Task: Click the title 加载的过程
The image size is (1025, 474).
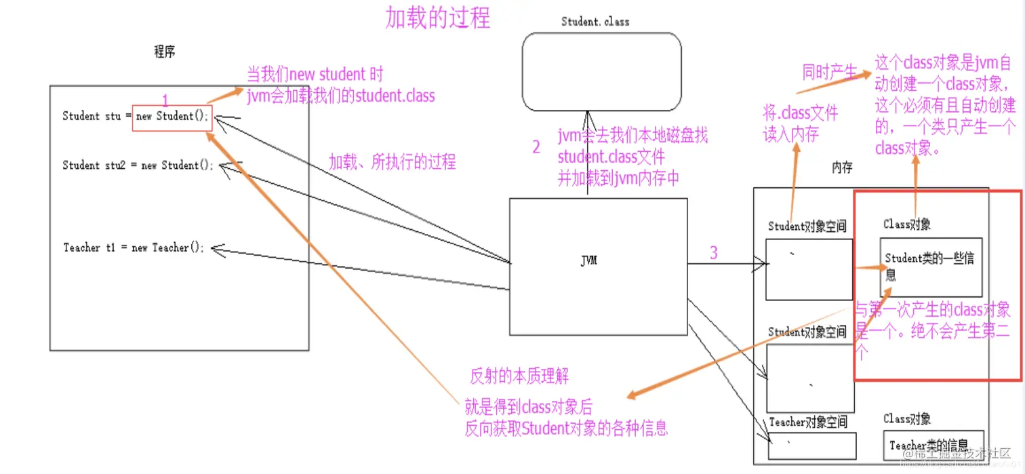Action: click(x=437, y=18)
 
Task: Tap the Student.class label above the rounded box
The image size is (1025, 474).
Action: click(x=595, y=22)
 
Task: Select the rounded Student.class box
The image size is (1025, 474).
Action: click(x=601, y=71)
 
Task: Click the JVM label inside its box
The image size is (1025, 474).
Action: click(x=589, y=260)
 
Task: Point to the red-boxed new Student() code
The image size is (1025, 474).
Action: click(x=172, y=117)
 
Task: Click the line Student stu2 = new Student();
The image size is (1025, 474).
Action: click(x=139, y=165)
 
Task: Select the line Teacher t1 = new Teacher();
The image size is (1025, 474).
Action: click(x=134, y=248)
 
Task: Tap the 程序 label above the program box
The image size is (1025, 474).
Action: click(x=165, y=52)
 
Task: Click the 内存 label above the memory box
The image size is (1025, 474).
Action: click(x=841, y=167)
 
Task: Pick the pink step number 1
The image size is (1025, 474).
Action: click(x=165, y=100)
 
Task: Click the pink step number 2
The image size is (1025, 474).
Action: click(x=536, y=147)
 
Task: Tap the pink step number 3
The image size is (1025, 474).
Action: click(x=713, y=253)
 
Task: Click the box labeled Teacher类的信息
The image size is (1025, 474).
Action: click(x=932, y=446)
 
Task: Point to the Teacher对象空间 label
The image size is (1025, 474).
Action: click(x=807, y=422)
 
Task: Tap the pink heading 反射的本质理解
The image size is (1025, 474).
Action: click(x=519, y=376)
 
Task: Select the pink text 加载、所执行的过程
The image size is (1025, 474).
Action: click(x=392, y=161)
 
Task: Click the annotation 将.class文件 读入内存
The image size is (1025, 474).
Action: click(x=800, y=123)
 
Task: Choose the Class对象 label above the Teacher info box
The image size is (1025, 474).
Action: click(x=906, y=419)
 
